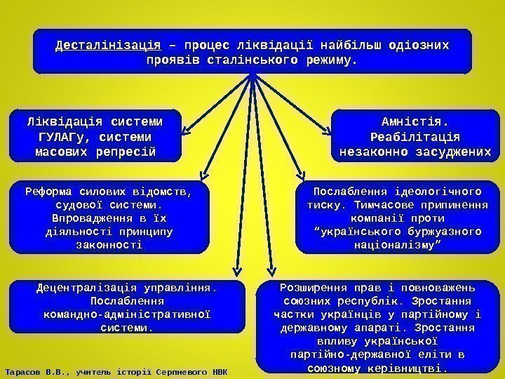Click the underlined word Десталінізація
point(108,46)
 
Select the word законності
point(112,244)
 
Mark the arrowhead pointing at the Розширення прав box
point(271,273)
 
